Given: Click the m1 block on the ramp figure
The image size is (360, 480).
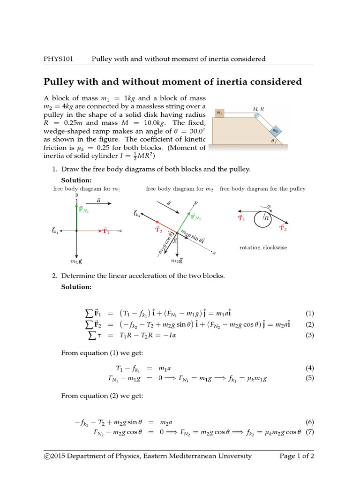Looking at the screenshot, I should tap(218, 113).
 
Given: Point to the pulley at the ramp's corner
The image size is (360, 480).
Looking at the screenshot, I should tap(256, 115).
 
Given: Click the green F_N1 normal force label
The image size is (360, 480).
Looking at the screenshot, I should tap(84, 210).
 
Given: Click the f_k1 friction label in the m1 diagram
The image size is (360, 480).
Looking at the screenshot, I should tap(56, 230).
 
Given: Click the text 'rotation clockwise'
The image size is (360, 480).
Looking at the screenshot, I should tap(263, 247).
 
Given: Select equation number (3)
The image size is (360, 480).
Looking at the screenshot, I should tap(309, 335).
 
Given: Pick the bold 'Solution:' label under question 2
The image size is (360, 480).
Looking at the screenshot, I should tap(76, 287).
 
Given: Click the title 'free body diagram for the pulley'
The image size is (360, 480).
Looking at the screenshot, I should tap(262, 189).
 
